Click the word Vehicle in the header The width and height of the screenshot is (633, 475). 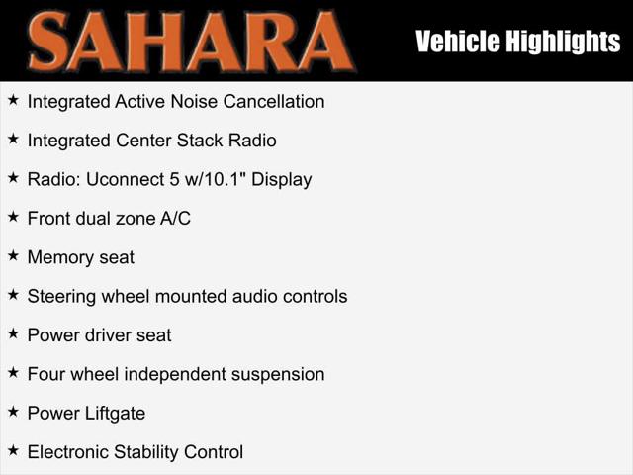450,42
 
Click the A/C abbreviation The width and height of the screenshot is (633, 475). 175,219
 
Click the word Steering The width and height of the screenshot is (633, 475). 60,297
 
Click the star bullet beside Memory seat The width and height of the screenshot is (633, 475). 13,255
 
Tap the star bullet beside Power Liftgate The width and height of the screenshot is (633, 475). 13,412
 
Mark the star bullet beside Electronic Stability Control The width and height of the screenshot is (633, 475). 13,450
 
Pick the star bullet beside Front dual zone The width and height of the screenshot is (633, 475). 13,217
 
